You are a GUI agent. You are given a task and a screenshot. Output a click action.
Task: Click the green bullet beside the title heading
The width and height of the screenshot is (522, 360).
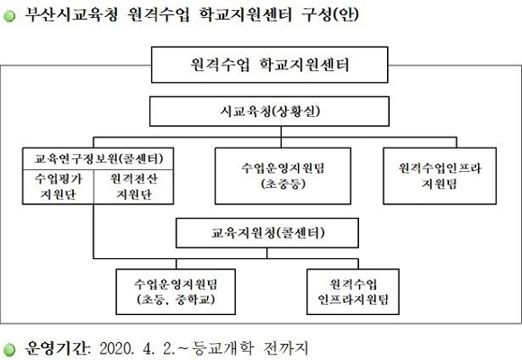point(9,15)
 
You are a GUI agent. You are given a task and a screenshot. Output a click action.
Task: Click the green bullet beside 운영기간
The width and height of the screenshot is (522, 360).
point(9,349)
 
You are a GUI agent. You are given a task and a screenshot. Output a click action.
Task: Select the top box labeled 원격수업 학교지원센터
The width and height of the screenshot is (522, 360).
point(270,65)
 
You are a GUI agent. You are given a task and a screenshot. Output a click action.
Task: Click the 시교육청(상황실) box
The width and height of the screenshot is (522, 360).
point(269,112)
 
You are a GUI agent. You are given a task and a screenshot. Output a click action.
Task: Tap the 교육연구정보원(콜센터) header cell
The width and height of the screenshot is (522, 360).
point(98,159)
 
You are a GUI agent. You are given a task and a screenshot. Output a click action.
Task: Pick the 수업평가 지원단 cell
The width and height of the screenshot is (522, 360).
point(58,187)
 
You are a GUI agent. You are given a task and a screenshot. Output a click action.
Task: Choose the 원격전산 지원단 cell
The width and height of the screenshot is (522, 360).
point(133,187)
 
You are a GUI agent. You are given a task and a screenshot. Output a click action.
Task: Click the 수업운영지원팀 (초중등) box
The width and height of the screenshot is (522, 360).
point(283,175)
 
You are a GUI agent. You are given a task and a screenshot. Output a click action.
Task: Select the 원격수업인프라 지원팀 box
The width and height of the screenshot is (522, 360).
point(440,175)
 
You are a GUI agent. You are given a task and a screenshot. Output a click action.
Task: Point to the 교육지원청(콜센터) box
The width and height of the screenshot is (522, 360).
point(267,233)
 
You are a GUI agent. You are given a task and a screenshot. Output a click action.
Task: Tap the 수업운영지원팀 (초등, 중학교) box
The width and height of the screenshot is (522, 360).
point(175,292)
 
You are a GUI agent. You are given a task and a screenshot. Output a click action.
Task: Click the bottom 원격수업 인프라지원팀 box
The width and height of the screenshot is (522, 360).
point(353,292)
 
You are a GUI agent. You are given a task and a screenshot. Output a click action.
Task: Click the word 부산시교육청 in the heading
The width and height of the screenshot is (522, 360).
point(71,14)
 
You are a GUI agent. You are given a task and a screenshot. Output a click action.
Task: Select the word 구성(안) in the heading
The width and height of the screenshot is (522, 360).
point(329,14)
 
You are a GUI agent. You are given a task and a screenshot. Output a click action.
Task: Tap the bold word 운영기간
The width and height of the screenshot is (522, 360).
point(58,348)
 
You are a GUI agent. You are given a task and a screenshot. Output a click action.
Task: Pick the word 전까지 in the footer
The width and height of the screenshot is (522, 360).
point(285,348)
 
